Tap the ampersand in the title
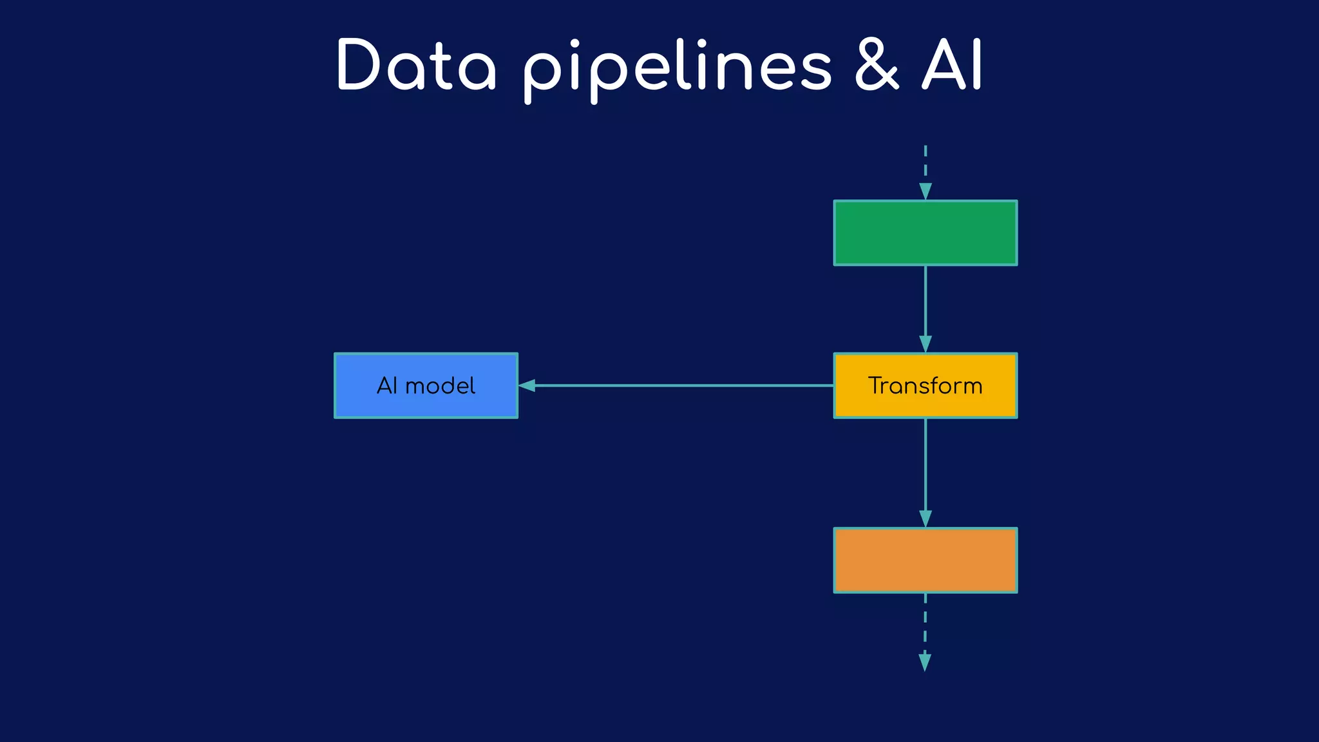click(x=877, y=66)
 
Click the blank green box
click(x=925, y=233)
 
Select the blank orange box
click(x=925, y=560)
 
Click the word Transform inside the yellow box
click(x=925, y=386)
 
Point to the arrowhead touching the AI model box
click(x=527, y=386)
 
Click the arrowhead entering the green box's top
click(x=925, y=191)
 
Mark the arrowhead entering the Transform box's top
click(x=925, y=343)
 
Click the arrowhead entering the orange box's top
click(x=925, y=518)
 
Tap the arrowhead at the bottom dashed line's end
click(x=925, y=662)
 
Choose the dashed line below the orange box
click(x=925, y=622)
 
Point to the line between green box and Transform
click(x=925, y=300)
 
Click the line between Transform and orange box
click(x=925, y=464)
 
